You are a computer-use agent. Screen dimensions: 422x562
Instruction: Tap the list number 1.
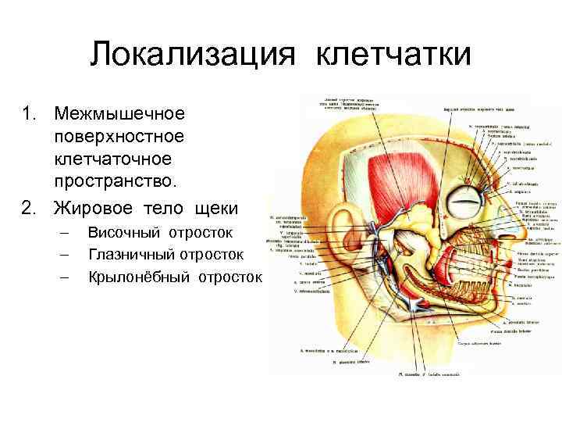tap(29, 114)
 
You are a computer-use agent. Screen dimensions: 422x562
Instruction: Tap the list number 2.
tap(29, 208)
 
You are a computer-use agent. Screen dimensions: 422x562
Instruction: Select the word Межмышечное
tap(119, 114)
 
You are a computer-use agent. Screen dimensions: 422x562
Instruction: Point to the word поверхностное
tap(119, 138)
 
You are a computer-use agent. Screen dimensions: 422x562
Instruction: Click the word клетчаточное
tap(112, 160)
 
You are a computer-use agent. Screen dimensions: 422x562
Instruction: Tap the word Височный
tap(127, 232)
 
